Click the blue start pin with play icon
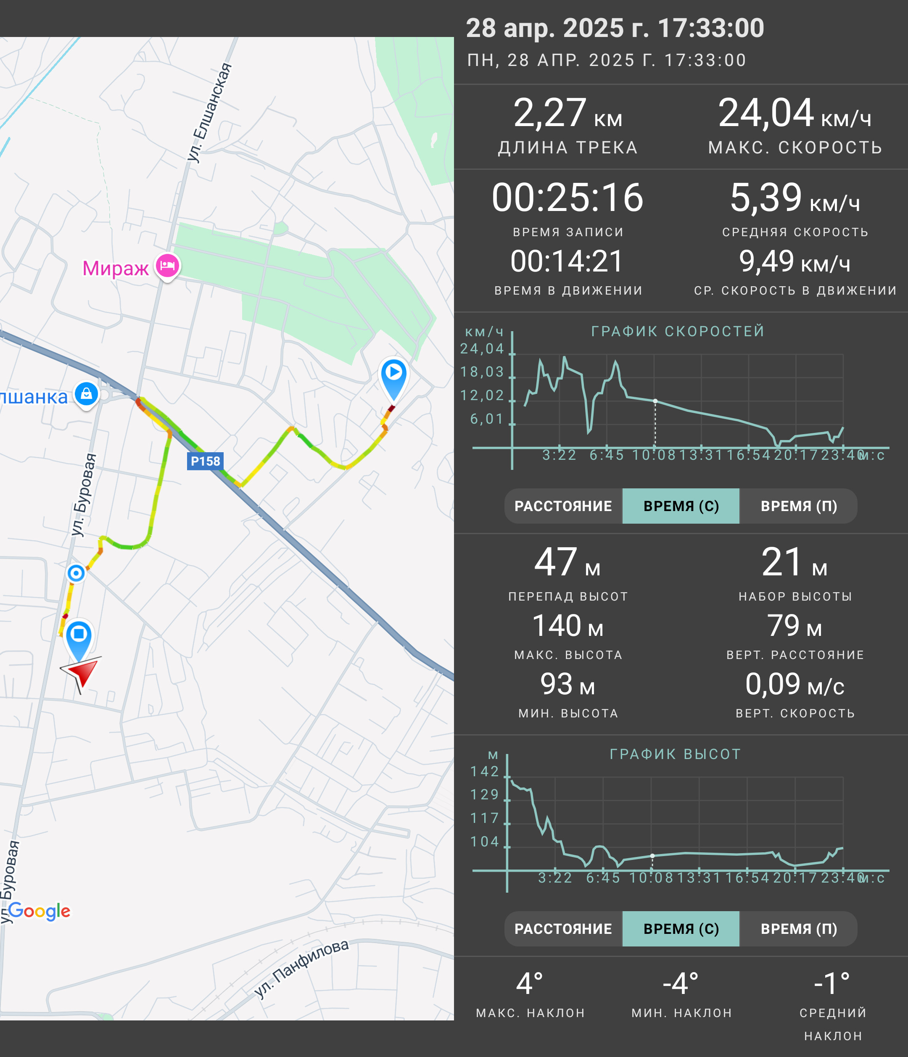point(394,377)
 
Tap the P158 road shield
point(205,461)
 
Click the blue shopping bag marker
point(87,394)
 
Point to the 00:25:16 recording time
point(567,198)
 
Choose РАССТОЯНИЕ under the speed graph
point(563,506)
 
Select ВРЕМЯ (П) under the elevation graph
point(798,928)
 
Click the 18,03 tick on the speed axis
point(482,372)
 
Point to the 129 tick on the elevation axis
point(485,794)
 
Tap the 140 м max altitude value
point(567,625)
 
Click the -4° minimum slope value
point(681,983)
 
